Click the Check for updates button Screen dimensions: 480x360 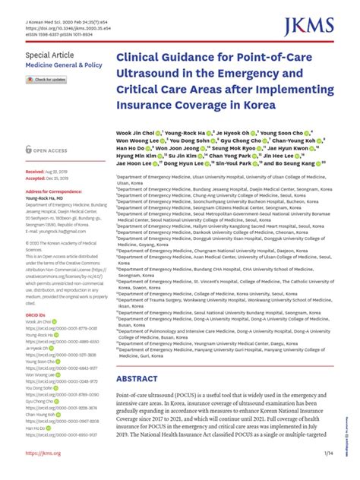click(x=49, y=80)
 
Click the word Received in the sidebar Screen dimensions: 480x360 click(x=35, y=173)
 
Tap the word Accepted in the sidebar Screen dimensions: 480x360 click(x=35, y=180)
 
